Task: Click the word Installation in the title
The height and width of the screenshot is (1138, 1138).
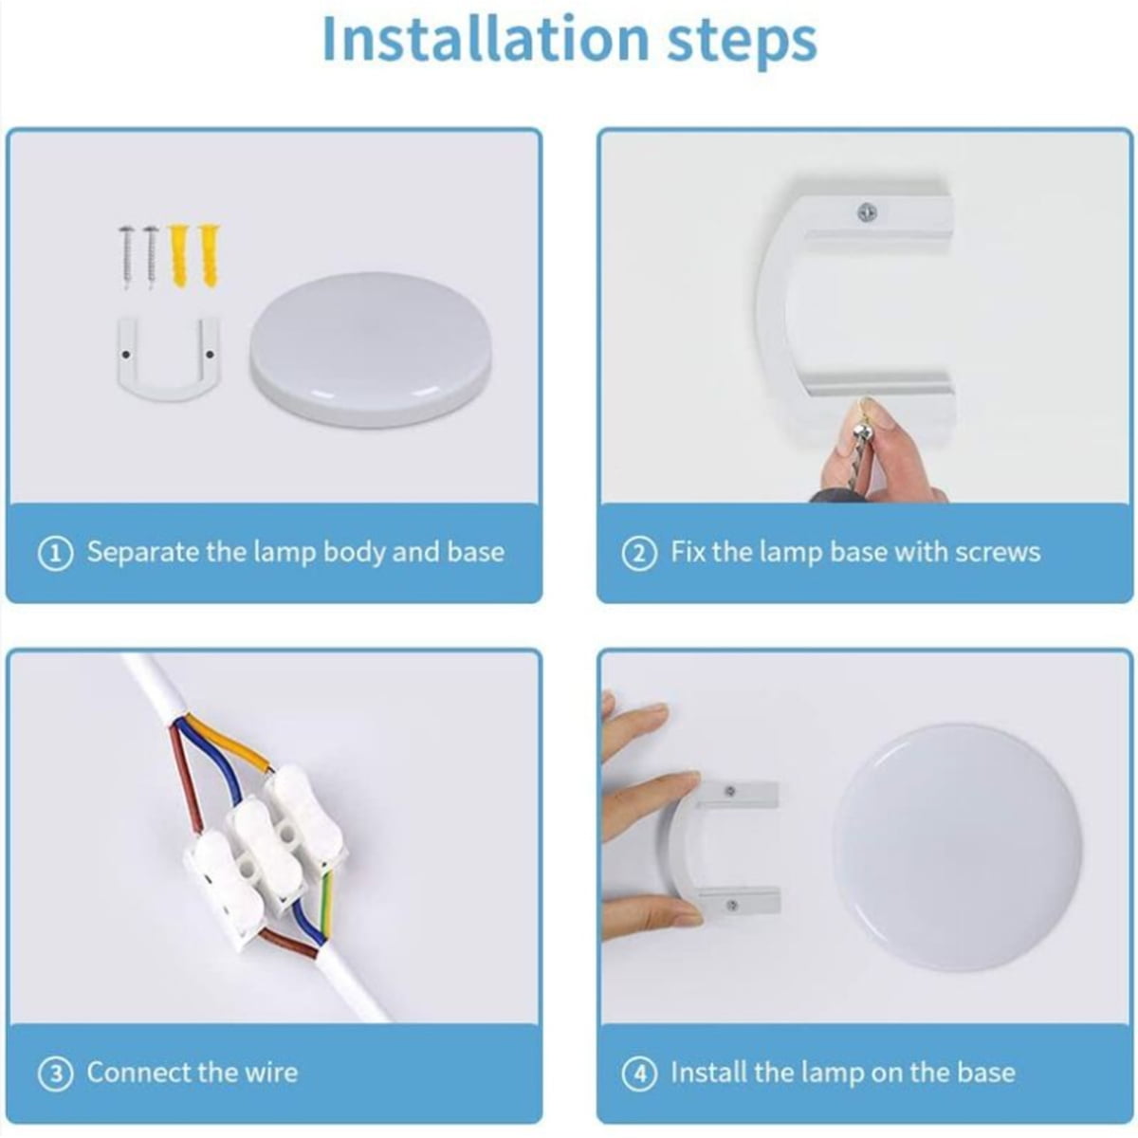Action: coord(486,39)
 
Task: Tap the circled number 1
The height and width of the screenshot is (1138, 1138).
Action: coord(56,554)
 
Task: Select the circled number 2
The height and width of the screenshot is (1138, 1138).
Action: coord(639,554)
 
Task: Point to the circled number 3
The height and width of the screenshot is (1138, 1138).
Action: coord(56,1074)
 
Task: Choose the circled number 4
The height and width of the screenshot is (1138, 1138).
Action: coord(639,1074)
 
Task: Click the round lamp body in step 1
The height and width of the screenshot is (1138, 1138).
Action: coord(371,349)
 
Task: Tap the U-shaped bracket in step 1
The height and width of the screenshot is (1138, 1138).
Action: coord(168,387)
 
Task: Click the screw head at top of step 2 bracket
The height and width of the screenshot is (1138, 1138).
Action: coord(866,212)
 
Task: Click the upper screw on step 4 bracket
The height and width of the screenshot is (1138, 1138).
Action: coord(730,791)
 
